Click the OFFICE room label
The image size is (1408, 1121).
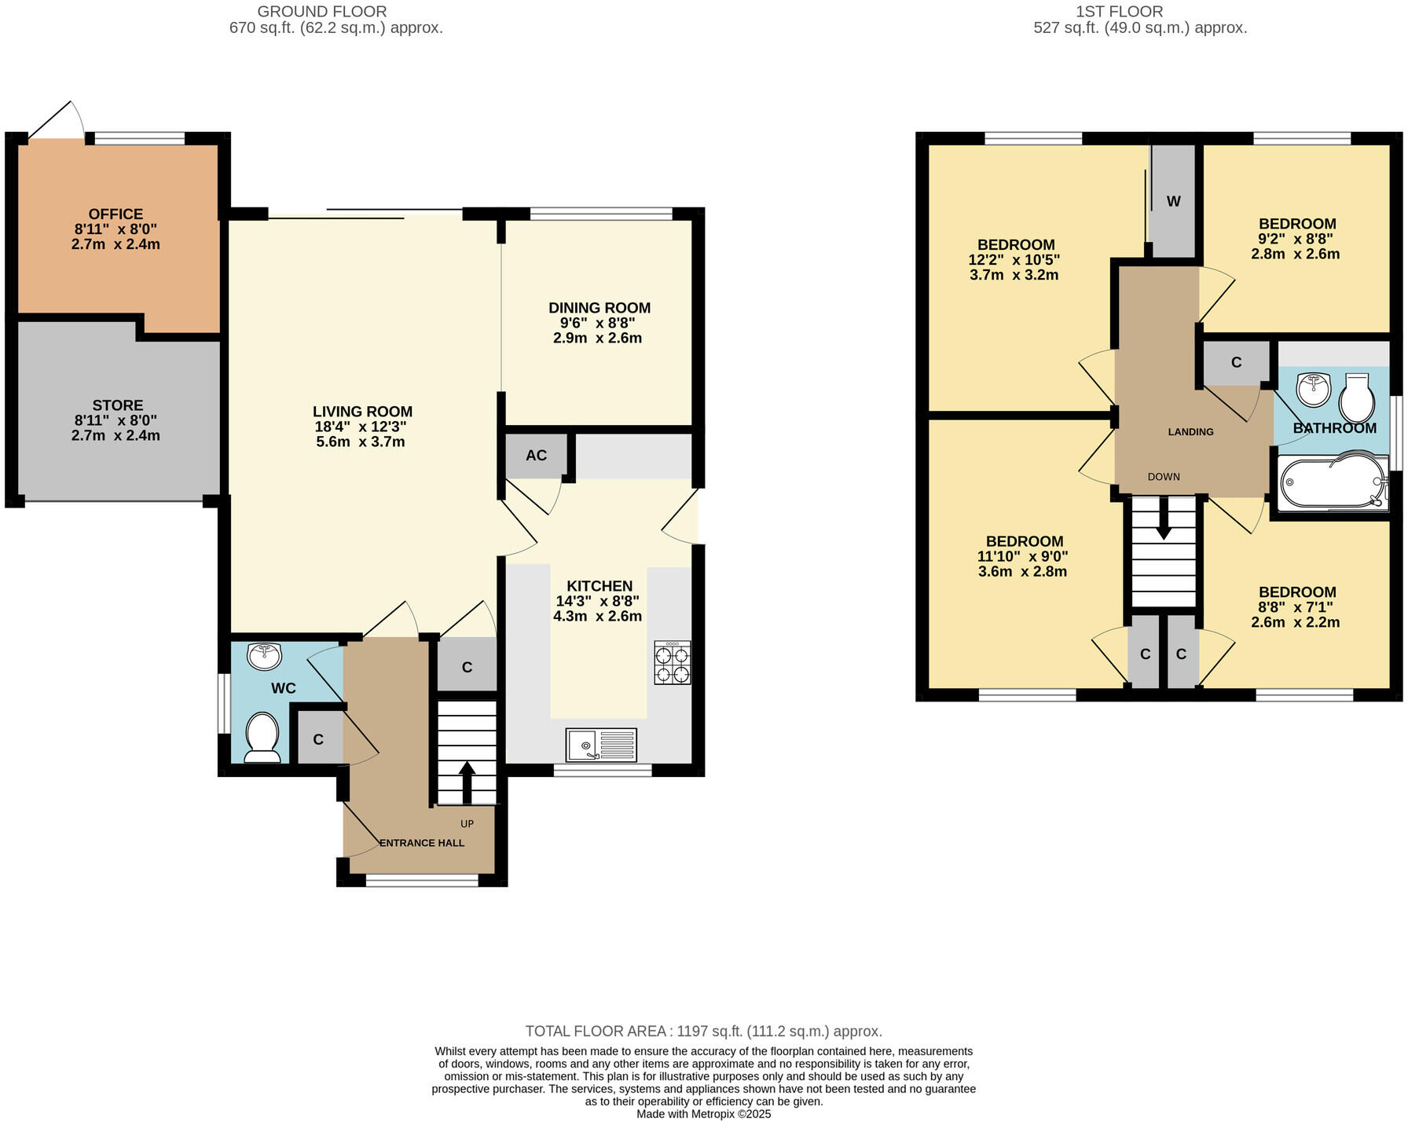point(115,214)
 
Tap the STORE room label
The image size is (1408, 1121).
point(118,405)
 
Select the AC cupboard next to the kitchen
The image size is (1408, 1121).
point(536,456)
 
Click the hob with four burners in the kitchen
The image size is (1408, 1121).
point(673,663)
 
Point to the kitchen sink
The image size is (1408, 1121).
point(601,745)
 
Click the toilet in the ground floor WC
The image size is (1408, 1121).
point(262,737)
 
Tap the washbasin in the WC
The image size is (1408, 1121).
point(264,654)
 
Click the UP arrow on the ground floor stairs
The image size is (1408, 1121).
point(466,782)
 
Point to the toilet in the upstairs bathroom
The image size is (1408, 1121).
point(1357,398)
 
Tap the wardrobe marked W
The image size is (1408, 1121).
point(1173,202)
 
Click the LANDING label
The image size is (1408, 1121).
point(1190,432)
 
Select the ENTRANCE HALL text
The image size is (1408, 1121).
point(422,843)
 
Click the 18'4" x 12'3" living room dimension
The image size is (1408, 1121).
point(361,427)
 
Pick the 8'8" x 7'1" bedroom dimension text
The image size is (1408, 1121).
point(1296,607)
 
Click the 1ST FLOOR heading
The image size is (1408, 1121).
point(1119,11)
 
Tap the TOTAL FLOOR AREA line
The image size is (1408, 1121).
point(703,1031)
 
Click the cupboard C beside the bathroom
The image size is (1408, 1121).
point(1236,362)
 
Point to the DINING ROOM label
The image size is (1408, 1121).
point(599,308)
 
